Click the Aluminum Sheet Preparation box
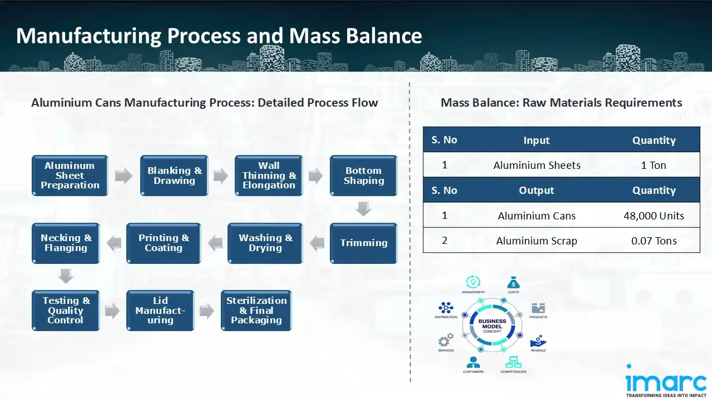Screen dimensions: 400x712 click(x=70, y=176)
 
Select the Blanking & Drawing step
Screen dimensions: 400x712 click(x=174, y=176)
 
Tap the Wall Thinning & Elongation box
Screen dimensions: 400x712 click(x=269, y=176)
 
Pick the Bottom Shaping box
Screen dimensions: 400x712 click(x=364, y=176)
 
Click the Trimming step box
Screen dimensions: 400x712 click(x=364, y=243)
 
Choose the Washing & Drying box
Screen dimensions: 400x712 click(x=265, y=243)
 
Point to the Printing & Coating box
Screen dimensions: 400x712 click(x=164, y=243)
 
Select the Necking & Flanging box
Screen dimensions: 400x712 click(x=66, y=243)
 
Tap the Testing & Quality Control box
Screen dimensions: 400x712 click(x=66, y=311)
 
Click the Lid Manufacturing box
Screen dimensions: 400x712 click(x=160, y=311)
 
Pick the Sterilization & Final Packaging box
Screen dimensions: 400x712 click(x=256, y=311)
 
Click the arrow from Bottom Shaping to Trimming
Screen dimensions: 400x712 click(x=364, y=209)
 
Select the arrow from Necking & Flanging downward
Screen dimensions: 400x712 click(x=66, y=276)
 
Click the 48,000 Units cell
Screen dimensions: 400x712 click(x=654, y=216)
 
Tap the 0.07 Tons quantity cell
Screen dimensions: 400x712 click(x=654, y=241)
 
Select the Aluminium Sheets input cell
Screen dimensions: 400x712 click(x=536, y=165)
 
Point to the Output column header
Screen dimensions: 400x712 click(x=536, y=191)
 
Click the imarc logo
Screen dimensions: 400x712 click(x=666, y=381)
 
